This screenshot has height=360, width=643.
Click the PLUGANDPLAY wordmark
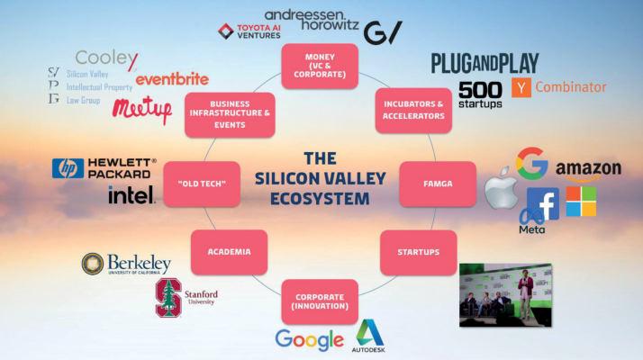pyautogui.click(x=485, y=63)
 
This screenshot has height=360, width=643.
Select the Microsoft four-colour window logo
pyautogui.click(x=581, y=201)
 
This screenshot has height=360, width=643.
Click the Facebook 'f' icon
pyautogui.click(x=543, y=203)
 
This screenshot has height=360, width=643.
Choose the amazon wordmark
pyautogui.click(x=588, y=168)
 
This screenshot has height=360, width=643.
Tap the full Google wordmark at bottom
pyautogui.click(x=309, y=340)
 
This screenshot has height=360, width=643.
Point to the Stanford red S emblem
pyautogui.click(x=168, y=298)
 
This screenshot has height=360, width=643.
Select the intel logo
pyautogui.click(x=131, y=194)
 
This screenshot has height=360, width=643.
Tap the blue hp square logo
pyautogui.click(x=68, y=168)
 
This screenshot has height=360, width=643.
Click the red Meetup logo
pyautogui.click(x=142, y=110)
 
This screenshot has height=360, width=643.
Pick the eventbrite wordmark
pyautogui.click(x=172, y=78)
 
